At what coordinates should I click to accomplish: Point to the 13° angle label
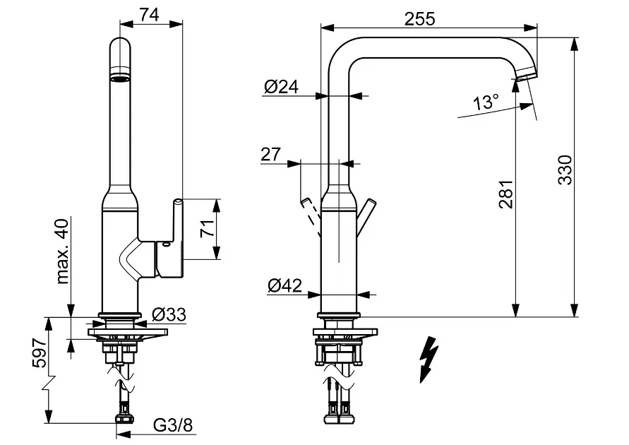tap(486, 102)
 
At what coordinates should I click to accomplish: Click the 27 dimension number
tap(270, 154)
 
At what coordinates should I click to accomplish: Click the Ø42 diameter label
tap(284, 285)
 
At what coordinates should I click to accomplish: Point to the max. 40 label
tap(62, 251)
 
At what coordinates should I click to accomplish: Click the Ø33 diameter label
tap(169, 314)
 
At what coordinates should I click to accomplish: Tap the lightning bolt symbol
tap(428, 358)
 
